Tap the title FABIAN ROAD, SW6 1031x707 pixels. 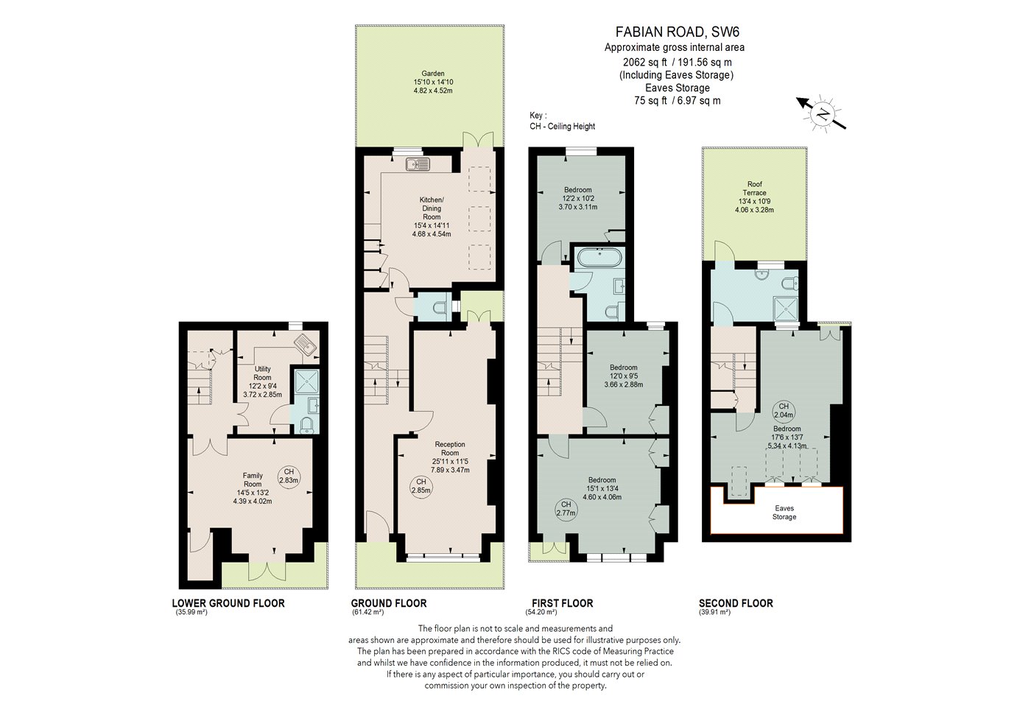pos(678,32)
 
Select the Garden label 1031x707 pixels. pos(433,73)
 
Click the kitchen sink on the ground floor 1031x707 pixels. pos(418,163)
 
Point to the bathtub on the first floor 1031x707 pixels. pos(599,257)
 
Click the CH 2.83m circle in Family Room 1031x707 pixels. pos(289,476)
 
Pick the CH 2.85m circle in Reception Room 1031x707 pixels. pos(421,486)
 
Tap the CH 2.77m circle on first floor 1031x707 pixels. pos(566,509)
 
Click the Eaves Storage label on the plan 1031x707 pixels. pos(784,513)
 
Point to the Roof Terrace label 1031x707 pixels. pos(754,189)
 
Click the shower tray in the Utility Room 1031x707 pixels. pos(306,380)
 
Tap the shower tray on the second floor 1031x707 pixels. pos(787,308)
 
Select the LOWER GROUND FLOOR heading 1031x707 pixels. pos(228,603)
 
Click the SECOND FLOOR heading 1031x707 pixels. pos(736,603)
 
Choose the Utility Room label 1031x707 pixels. pos(262,373)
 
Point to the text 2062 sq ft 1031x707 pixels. pos(645,62)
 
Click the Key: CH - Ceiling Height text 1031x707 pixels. pos(563,121)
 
